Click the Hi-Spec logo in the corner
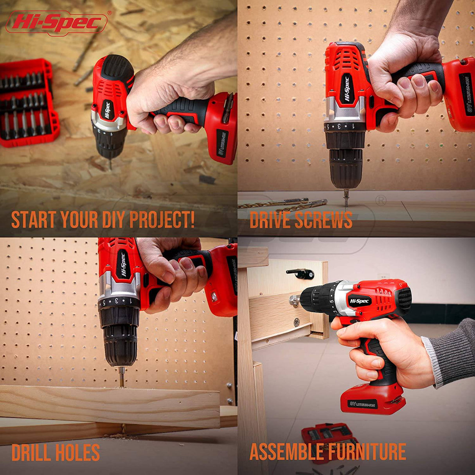click(x=57, y=22)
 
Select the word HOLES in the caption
click(x=77, y=452)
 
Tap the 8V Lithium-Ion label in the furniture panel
click(x=362, y=404)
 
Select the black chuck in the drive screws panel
click(x=346, y=166)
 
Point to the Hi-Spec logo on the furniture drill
click(x=360, y=301)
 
